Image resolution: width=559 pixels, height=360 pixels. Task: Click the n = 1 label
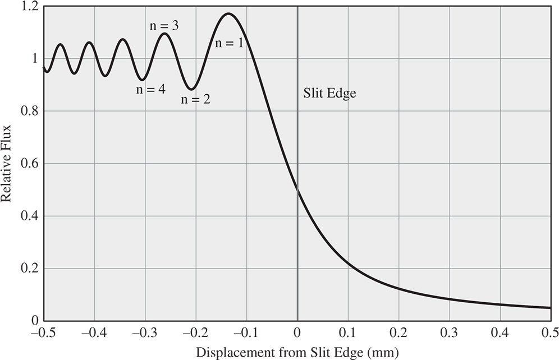pos(229,43)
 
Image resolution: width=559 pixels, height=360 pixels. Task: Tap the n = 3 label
pos(164,25)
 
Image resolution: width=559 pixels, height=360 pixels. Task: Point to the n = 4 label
pos(151,89)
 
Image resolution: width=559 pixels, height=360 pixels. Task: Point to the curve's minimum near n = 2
pos(191,89)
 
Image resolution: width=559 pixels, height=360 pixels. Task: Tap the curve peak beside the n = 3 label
pos(164,34)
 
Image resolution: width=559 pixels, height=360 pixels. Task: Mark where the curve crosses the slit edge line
pos(297,191)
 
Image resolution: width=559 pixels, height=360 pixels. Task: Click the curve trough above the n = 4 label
pos(143,80)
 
